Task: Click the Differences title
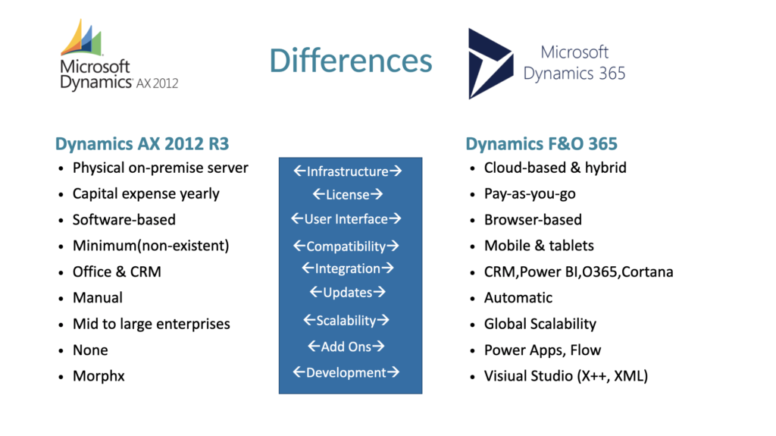pos(351,61)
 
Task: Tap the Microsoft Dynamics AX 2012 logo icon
pos(82,38)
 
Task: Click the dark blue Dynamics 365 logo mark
pos(490,64)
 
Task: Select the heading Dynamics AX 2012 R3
pos(142,143)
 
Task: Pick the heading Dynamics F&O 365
pos(541,143)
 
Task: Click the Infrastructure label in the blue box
pos(347,171)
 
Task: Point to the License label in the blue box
pos(347,195)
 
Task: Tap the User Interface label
pos(346,219)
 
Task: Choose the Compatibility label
pos(346,246)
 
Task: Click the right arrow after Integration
pos(387,268)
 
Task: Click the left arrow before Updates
pos(316,292)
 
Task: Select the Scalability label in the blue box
pos(346,321)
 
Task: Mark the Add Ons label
pos(346,347)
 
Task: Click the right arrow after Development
pos(393,372)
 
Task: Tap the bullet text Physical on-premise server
pos(161,168)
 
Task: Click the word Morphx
pos(99,376)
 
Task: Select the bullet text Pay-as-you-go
pos(530,193)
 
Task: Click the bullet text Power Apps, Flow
pos(543,350)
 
